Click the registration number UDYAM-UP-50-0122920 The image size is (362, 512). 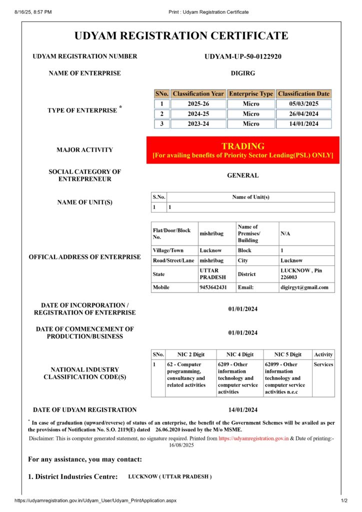click(243, 56)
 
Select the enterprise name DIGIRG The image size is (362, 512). click(243, 73)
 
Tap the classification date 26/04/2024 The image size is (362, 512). click(303, 114)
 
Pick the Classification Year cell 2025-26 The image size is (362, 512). click(198, 104)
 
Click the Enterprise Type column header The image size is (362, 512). click(251, 94)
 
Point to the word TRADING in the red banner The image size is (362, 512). click(243, 146)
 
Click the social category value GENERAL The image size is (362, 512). click(243, 176)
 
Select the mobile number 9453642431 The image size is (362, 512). click(213, 287)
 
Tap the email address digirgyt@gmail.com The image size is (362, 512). click(304, 287)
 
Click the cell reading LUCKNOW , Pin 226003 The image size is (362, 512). click(305, 274)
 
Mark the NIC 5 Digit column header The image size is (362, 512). click(288, 354)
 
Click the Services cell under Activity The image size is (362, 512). click(323, 364)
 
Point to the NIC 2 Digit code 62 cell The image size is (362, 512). click(190, 375)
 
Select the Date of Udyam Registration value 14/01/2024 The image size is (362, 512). click(243, 410)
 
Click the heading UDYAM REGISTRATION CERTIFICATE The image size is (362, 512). click(181, 36)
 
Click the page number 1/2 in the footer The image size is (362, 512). click(344, 500)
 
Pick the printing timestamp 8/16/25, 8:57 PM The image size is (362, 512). click(33, 11)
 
